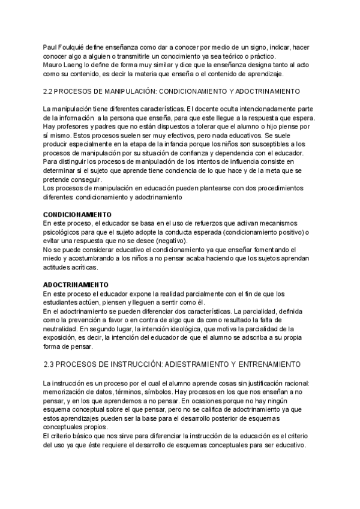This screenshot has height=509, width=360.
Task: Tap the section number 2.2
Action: click(x=50, y=91)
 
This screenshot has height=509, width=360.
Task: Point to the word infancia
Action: click(x=182, y=144)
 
